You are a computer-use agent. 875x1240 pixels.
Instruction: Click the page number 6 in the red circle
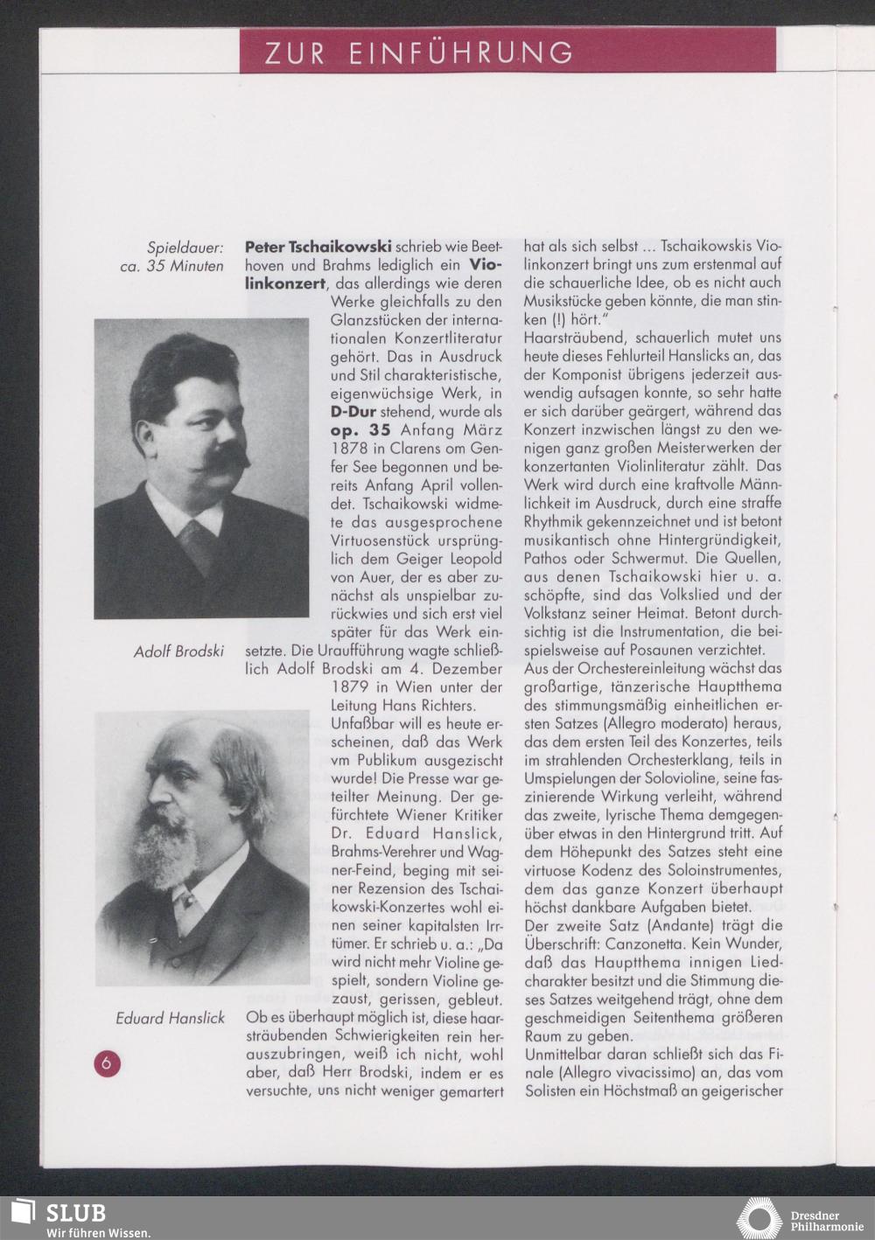click(x=107, y=1063)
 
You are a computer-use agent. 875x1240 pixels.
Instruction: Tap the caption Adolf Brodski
click(x=178, y=651)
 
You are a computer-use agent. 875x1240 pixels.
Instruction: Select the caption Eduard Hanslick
click(x=170, y=1018)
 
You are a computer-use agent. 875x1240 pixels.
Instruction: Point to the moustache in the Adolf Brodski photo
click(x=223, y=457)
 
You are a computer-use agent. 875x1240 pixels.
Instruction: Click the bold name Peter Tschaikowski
click(x=318, y=247)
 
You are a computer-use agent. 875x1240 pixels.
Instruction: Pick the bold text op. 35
click(x=360, y=429)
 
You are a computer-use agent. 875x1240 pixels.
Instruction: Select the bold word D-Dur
click(x=353, y=411)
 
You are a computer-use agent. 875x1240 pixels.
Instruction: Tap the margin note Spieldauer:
click(x=185, y=247)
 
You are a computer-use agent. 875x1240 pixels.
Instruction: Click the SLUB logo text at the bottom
click(x=76, y=1213)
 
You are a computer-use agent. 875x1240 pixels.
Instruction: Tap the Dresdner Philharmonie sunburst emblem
click(x=758, y=1218)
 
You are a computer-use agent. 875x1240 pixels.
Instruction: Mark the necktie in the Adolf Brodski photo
click(x=199, y=543)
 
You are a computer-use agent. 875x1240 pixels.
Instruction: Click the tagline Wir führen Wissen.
click(x=97, y=1233)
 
